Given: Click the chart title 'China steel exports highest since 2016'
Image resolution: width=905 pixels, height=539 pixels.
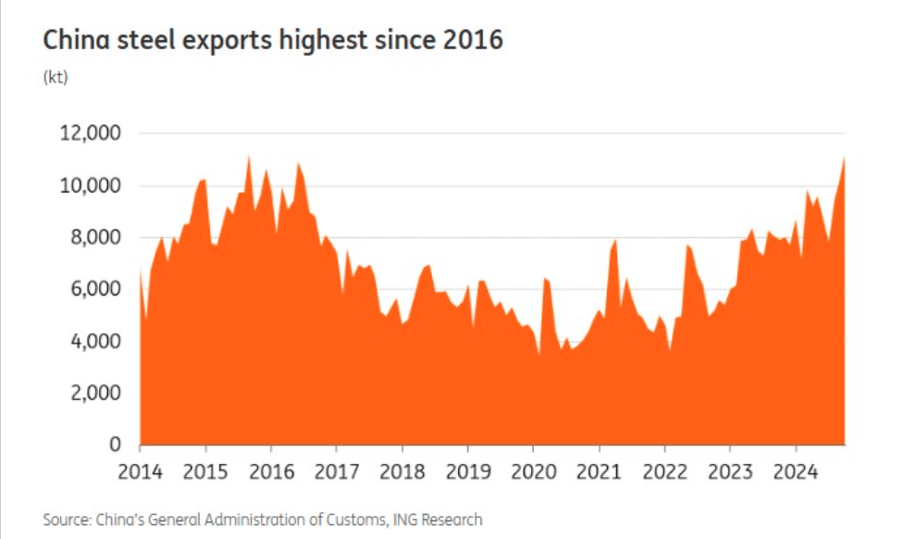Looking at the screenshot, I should [273, 42].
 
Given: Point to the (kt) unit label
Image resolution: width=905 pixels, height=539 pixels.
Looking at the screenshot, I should [56, 78].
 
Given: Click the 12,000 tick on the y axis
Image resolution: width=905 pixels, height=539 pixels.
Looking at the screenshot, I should [90, 134].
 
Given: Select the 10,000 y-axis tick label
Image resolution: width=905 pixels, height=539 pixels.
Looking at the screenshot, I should [90, 186].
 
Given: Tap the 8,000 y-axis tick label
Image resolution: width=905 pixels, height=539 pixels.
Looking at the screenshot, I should [94, 238].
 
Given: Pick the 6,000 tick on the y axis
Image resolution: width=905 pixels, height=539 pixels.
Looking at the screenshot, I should [94, 290].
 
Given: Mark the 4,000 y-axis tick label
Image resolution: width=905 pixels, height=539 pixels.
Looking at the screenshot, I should [94, 342].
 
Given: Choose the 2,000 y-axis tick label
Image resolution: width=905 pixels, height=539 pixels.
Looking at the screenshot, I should [94, 394].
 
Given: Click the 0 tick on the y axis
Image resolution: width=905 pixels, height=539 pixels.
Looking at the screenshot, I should [115, 445].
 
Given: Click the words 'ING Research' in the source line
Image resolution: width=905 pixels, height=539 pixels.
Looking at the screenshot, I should [439, 520].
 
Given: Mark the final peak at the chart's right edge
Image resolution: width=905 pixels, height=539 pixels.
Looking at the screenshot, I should [844, 158].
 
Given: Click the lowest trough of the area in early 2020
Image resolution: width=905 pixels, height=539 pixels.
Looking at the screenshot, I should [539, 354].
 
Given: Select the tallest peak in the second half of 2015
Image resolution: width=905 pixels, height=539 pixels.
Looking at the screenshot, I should [248, 157].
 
